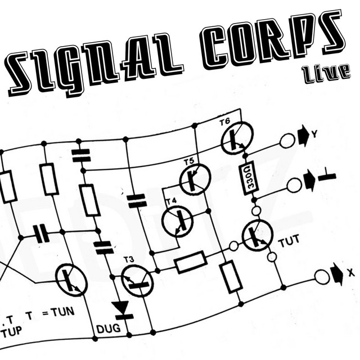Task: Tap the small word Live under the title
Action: tap(327, 73)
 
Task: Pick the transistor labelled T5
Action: tap(195, 180)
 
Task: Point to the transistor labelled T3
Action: tap(137, 281)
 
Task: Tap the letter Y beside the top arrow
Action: tap(314, 134)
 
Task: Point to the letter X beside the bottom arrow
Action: tap(350, 272)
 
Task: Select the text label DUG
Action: tap(109, 328)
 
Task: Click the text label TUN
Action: tap(62, 313)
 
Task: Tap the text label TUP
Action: tap(11, 331)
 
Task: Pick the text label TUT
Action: tap(289, 241)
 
